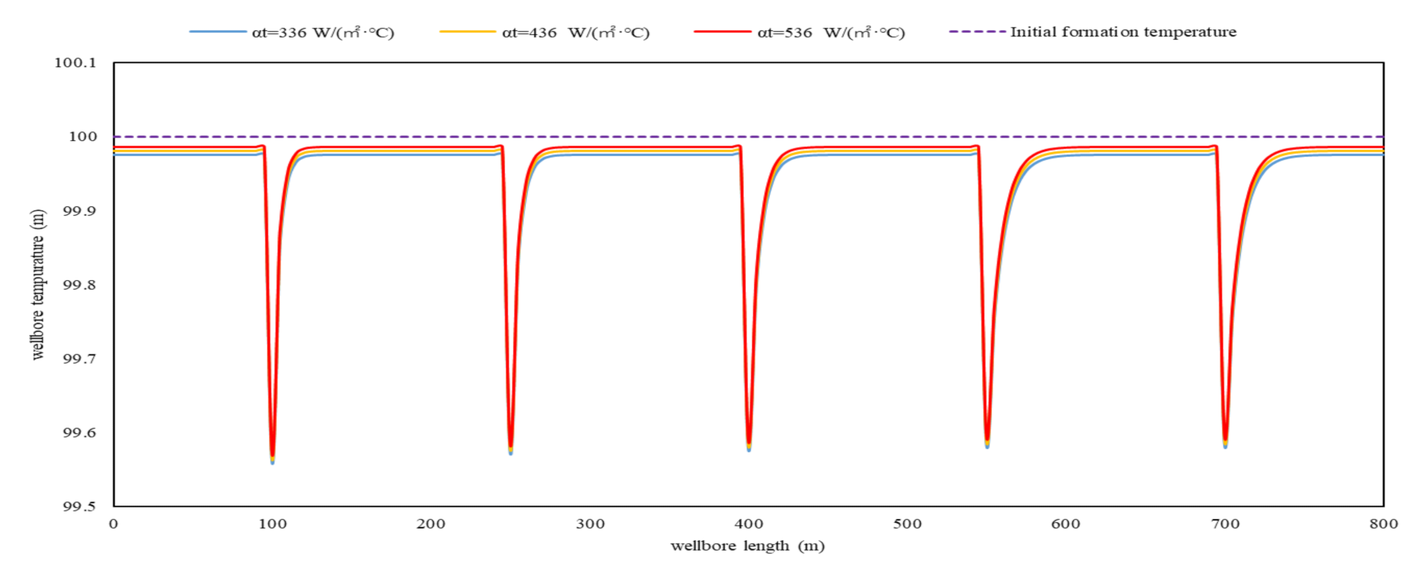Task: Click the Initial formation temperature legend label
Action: (1123, 32)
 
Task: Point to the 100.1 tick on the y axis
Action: (75, 63)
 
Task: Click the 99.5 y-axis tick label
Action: (79, 506)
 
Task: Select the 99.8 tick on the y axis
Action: (79, 285)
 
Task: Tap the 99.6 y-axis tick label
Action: (79, 433)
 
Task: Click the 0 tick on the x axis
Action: (114, 524)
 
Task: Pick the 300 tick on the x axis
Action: (590, 524)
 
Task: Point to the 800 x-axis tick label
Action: (1383, 524)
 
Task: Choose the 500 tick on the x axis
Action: (907, 524)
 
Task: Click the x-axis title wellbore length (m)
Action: (747, 546)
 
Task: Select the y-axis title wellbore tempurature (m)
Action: (38, 284)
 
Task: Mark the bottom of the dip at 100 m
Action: (272, 460)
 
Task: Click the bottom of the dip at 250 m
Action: (511, 452)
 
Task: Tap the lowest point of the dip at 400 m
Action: (749, 448)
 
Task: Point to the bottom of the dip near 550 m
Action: (987, 445)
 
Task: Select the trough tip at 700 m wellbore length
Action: (1225, 445)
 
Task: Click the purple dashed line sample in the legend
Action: (977, 32)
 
